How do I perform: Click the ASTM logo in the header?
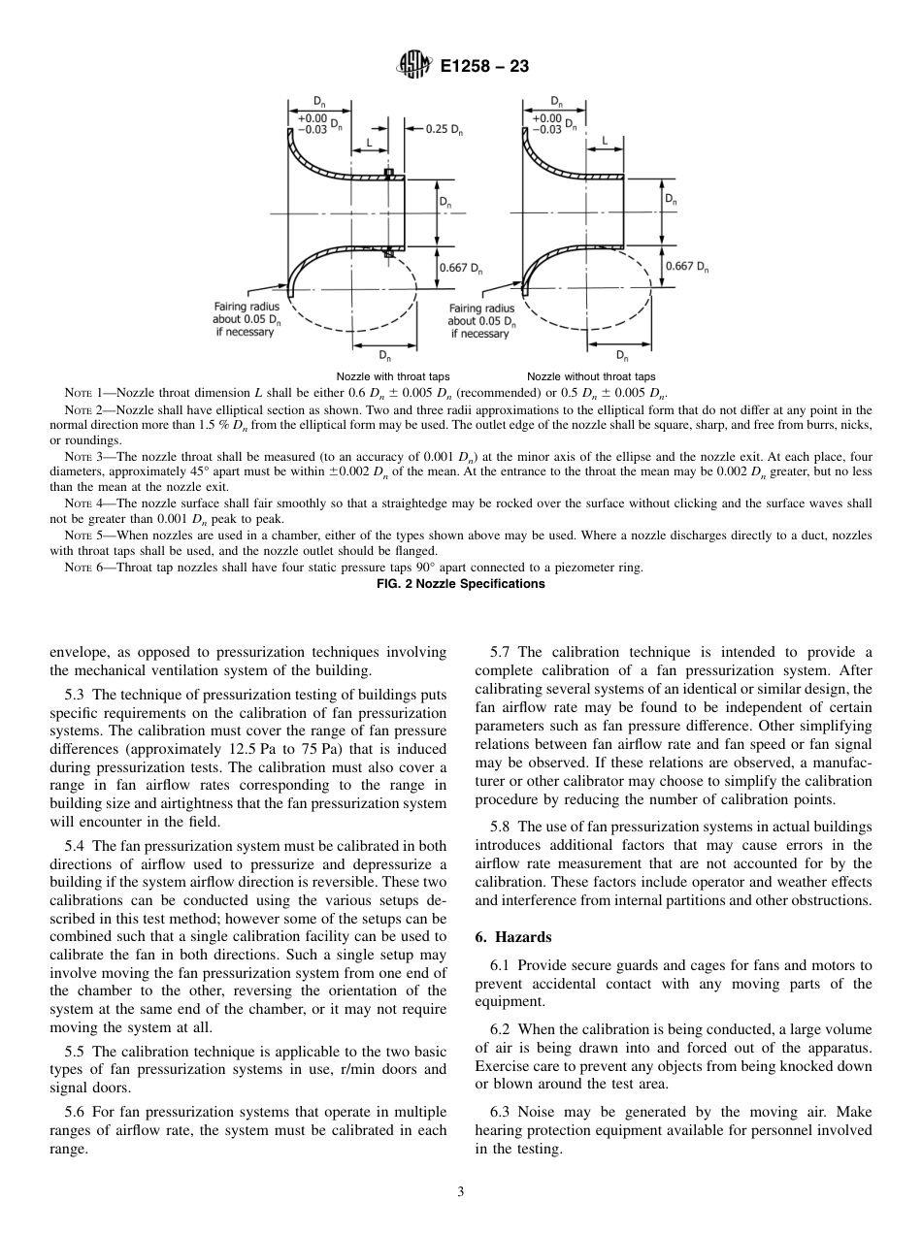(x=413, y=65)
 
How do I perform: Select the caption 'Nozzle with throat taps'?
(x=392, y=376)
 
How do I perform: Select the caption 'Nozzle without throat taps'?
(x=591, y=376)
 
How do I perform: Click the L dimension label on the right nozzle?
(x=605, y=141)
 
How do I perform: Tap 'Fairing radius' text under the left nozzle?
(x=243, y=308)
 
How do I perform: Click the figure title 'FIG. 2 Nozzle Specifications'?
(x=460, y=583)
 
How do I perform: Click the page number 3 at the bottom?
(x=461, y=1192)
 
